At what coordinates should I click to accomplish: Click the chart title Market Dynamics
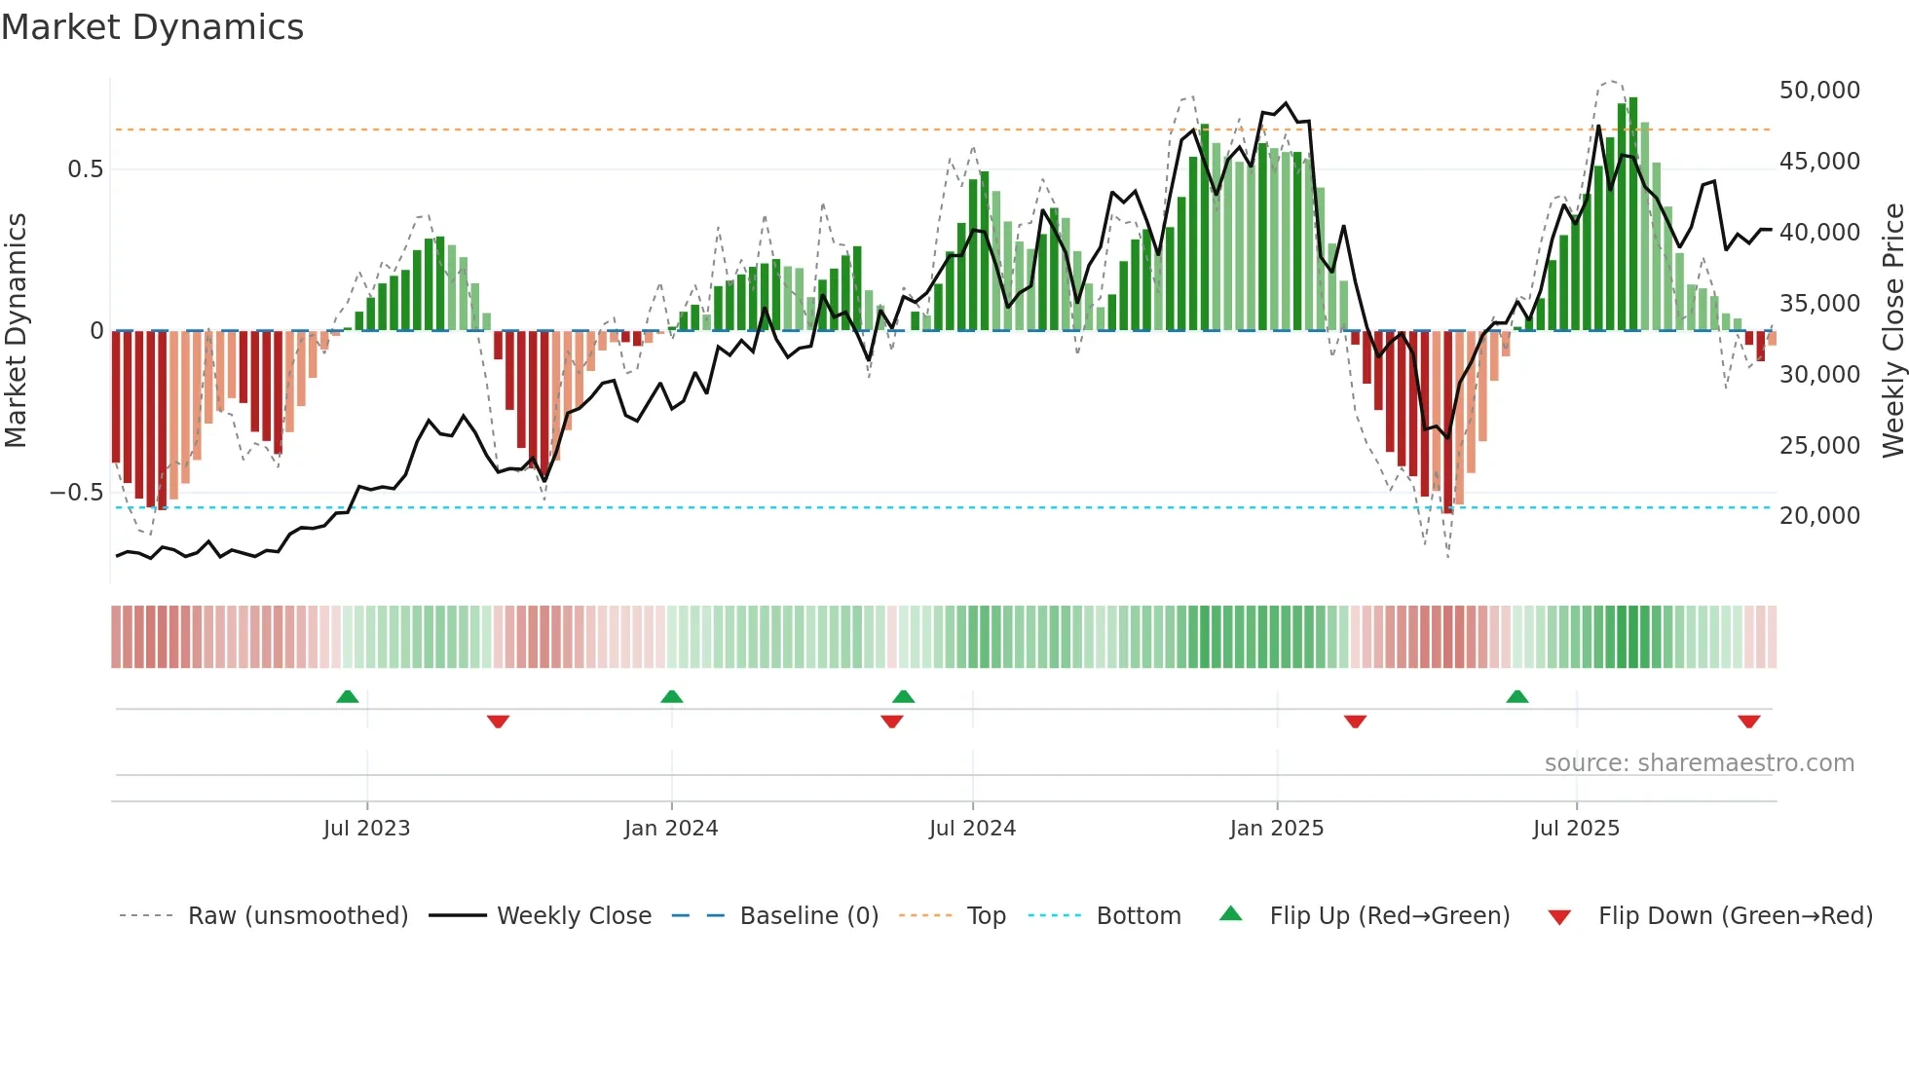(152, 27)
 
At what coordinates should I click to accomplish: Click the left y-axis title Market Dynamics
(16, 330)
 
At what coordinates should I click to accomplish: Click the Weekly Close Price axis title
(1892, 330)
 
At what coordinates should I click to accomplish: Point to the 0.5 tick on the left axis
(85, 169)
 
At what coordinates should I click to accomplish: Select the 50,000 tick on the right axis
(1818, 91)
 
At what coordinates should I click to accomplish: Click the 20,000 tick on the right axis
(1818, 516)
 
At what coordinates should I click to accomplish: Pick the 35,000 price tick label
(1818, 304)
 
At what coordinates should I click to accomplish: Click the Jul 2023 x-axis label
(366, 829)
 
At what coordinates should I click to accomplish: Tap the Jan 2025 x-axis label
(1276, 829)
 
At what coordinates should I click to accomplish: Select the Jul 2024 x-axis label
(972, 829)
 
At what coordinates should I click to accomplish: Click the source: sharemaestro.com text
(1699, 763)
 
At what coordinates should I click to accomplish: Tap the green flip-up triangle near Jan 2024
(671, 697)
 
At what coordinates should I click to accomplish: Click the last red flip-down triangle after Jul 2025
(1748, 721)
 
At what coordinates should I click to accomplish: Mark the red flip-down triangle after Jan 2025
(1355, 721)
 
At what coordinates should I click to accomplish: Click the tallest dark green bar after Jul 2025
(1633, 214)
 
